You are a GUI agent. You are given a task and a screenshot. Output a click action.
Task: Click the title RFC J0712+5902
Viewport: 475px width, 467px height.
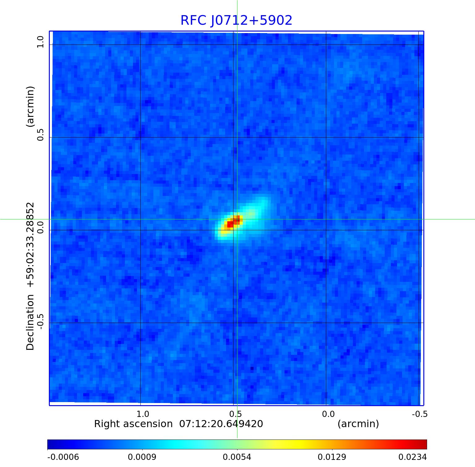[x=236, y=20]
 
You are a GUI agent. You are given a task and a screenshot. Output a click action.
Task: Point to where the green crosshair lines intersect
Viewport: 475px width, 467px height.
[x=237, y=219]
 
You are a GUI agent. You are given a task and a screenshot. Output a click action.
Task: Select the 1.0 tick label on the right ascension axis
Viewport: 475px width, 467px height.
[x=143, y=414]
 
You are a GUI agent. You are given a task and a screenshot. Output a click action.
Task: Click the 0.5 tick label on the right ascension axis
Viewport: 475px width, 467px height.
[x=235, y=414]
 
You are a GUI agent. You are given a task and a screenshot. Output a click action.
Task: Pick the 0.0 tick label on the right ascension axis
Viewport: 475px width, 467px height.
[x=328, y=414]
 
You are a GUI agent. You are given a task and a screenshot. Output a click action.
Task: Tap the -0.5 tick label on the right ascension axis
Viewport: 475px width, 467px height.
[x=420, y=414]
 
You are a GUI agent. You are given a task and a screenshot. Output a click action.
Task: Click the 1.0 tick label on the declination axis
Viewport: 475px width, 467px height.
[x=41, y=42]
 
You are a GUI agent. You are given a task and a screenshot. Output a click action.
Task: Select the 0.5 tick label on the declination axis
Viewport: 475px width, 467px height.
[x=41, y=134]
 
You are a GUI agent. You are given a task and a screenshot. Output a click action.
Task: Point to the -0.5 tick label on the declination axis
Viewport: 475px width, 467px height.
[x=41, y=321]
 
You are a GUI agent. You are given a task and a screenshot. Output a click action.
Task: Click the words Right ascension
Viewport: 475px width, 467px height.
[x=133, y=424]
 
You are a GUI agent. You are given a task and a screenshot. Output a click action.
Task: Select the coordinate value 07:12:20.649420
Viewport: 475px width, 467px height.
[x=221, y=424]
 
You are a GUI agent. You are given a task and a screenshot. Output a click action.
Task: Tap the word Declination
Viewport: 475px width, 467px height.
[x=30, y=322]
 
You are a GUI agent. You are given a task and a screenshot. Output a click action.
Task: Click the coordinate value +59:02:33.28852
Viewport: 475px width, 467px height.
[x=30, y=244]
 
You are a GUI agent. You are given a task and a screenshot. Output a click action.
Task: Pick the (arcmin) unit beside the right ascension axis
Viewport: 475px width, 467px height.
[x=358, y=424]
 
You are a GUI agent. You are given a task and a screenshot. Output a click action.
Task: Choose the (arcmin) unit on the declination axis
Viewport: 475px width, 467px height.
[x=30, y=106]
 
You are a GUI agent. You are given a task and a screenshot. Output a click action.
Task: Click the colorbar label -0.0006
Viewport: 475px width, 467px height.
[x=63, y=457]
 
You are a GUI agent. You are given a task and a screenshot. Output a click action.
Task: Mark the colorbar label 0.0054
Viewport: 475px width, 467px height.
[x=237, y=457]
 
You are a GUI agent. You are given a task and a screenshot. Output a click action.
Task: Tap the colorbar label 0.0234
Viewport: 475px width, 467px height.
[x=412, y=457]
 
